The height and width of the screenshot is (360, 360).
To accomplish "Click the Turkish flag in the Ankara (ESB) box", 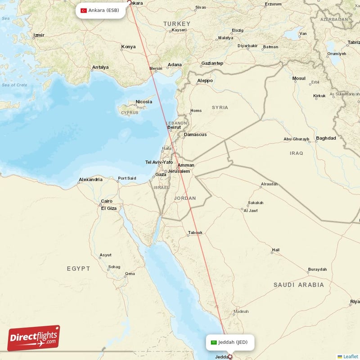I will point(84,10).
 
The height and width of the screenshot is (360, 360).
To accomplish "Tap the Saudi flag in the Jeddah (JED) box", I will point(214,342).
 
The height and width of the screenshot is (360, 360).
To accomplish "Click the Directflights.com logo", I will point(34,338).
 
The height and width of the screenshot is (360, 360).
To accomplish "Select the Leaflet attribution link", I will point(351,356).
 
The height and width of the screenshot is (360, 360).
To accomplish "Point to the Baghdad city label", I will point(326,138).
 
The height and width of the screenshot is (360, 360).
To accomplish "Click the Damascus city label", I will point(195,135).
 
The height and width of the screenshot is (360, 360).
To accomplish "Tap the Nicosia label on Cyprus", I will point(144,102).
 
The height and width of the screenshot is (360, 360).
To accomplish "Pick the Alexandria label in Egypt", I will point(90,180).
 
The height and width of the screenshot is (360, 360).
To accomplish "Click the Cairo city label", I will point(107,201).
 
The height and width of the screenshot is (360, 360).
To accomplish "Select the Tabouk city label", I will point(195,233).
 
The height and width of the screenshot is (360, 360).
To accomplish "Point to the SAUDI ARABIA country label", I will point(299,285).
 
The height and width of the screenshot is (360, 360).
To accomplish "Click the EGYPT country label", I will point(78,269).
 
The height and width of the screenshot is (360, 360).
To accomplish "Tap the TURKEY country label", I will point(177,23).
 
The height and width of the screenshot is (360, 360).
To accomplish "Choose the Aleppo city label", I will point(205,81).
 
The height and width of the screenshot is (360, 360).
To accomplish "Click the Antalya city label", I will point(100,67).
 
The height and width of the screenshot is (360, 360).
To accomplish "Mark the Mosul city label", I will point(299,78).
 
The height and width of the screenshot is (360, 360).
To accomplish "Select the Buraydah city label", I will point(317,270).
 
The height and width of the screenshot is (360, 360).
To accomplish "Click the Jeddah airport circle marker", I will point(230,357).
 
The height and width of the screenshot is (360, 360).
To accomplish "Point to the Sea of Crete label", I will point(14,85).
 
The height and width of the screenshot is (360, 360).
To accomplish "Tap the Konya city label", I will point(128,47).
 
